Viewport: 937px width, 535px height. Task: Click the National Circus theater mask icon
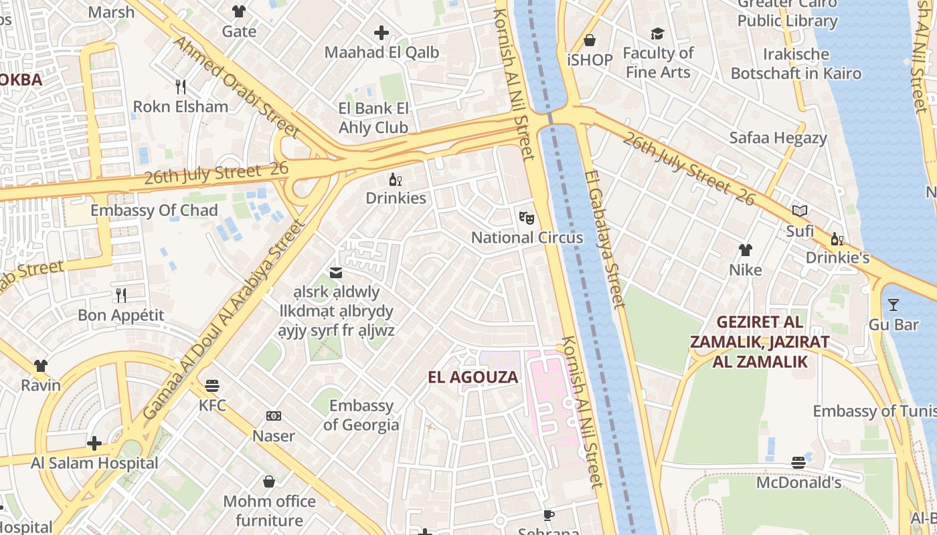tap(527, 217)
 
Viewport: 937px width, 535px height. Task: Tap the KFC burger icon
tap(212, 385)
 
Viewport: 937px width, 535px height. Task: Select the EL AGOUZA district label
tap(473, 377)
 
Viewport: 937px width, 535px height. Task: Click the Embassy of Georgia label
tap(361, 415)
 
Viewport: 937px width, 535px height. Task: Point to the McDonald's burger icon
tap(798, 462)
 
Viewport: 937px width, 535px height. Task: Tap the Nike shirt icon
tap(746, 250)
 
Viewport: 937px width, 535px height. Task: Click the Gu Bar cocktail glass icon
tap(893, 305)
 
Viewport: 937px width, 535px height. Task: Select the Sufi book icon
tap(800, 211)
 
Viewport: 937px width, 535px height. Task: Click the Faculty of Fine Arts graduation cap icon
tap(658, 33)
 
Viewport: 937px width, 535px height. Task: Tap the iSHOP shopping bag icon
tap(590, 40)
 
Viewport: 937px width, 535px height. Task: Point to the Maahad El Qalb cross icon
tap(381, 32)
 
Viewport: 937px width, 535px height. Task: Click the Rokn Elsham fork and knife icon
tap(180, 86)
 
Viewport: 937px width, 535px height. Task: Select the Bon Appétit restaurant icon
tap(121, 295)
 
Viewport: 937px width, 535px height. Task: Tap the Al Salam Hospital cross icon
tap(94, 443)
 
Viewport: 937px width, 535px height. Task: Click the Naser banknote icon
tap(273, 416)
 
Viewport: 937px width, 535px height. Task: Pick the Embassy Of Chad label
tap(154, 211)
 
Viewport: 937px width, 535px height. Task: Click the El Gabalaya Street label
tap(604, 239)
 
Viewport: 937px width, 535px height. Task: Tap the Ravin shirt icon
tap(41, 365)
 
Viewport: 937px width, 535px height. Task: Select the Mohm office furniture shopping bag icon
tap(269, 481)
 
